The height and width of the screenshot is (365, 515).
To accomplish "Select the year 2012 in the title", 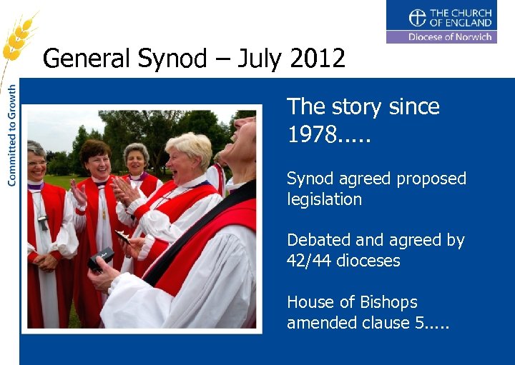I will pyautogui.click(x=318, y=58).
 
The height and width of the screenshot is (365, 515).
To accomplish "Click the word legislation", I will pyautogui.click(x=324, y=199).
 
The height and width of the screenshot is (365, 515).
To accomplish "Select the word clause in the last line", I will pyautogui.click(x=383, y=323).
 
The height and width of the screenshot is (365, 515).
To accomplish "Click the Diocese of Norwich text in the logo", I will pyautogui.click(x=450, y=36).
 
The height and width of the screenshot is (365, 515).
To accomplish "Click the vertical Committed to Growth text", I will pyautogui.click(x=12, y=136).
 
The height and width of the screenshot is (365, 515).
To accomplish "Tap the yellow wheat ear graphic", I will pyautogui.click(x=18, y=36).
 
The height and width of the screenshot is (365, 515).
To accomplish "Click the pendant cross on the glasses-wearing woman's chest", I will pyautogui.click(x=42, y=223).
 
